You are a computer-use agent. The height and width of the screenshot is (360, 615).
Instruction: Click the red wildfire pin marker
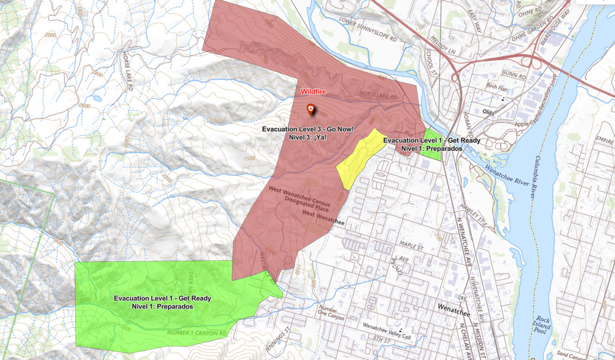pyautogui.click(x=310, y=109)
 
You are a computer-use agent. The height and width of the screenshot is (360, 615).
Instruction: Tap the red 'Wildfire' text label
pyautogui.click(x=314, y=93)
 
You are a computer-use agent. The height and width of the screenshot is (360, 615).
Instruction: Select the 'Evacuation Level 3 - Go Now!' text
pyautogui.click(x=307, y=129)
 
